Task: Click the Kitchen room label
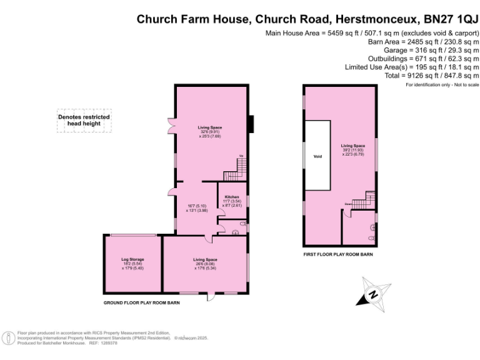coord(232,196)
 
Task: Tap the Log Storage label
coord(132,259)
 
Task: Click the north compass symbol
coord(373,294)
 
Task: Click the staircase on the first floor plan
coord(366,201)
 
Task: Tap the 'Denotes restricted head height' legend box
coord(84,120)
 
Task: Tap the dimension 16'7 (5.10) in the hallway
coord(196,206)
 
